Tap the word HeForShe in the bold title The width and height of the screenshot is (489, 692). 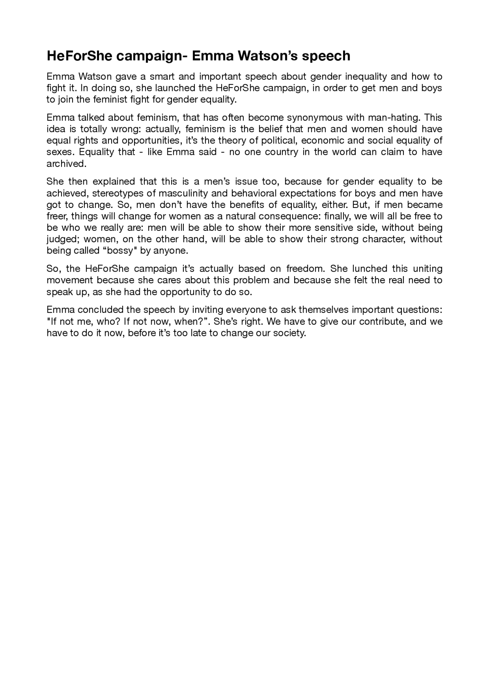point(79,56)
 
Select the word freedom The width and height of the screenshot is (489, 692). point(305,268)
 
